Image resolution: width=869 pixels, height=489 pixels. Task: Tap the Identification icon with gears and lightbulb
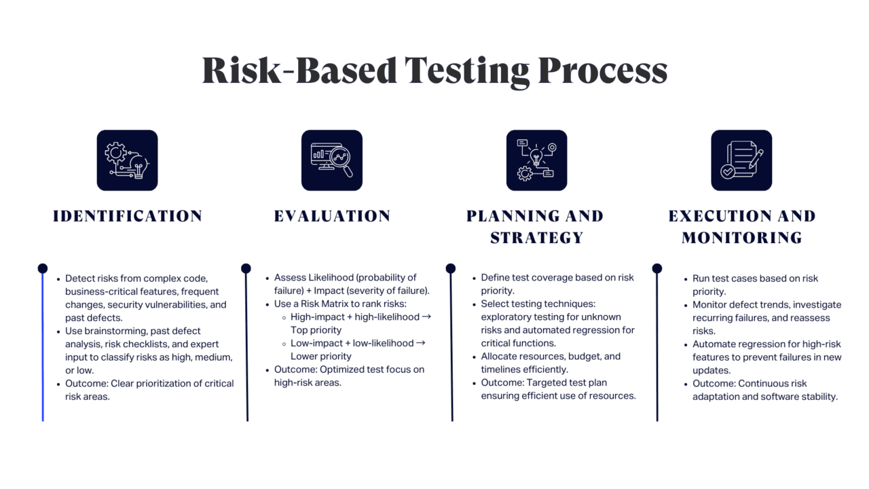pos(127,160)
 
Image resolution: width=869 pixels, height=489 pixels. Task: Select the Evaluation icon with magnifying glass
pos(332,160)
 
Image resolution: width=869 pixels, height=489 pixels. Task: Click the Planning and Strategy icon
pos(536,160)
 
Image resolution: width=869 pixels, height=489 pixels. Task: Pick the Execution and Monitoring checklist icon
pos(741,160)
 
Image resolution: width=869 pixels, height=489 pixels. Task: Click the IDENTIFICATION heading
pos(128,216)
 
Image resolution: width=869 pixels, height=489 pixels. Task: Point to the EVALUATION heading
pos(332,216)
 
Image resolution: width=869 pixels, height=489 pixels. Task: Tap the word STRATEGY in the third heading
pos(536,238)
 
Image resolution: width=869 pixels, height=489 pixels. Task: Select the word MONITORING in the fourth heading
pos(742,238)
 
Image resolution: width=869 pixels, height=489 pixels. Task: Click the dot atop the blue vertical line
pos(43,268)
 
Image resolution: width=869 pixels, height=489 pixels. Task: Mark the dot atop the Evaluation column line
pos(246,268)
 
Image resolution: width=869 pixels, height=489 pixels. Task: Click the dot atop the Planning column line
pos(451,268)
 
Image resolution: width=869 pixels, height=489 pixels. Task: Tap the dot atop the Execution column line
pos(657,268)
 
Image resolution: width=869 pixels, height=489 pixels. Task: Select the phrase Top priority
pos(316,330)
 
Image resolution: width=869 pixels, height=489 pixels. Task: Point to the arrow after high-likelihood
pos(426,317)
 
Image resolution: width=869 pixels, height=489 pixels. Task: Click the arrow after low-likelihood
pos(420,343)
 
